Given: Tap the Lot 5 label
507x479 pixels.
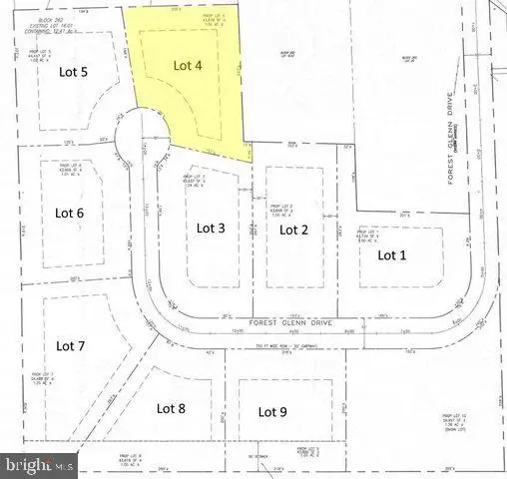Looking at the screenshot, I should (71, 72).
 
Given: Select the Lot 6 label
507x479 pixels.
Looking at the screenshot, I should (69, 212).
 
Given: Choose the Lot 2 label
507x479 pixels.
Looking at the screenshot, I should (292, 230).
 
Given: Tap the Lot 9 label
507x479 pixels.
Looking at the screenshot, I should (272, 410).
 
